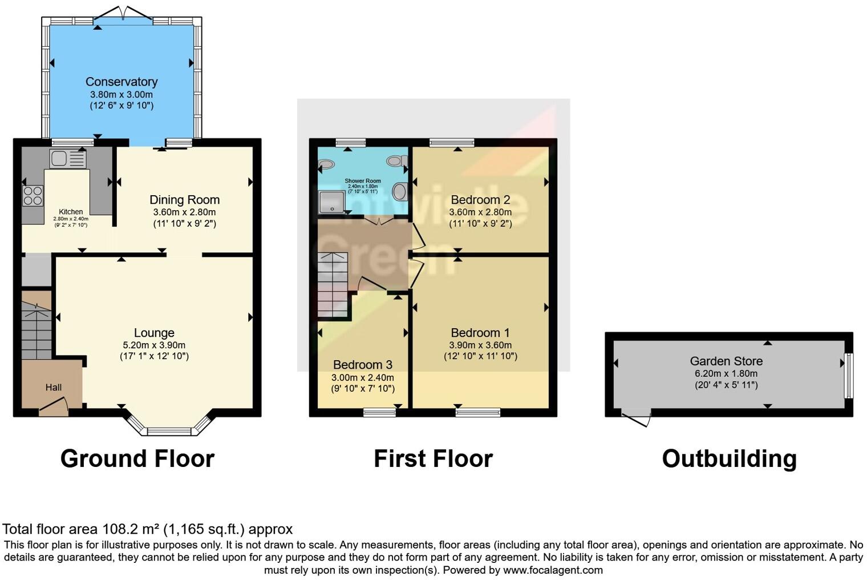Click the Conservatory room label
pyautogui.click(x=121, y=82)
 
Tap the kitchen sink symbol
pyautogui.click(x=67, y=159)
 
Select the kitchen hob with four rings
pyautogui.click(x=33, y=196)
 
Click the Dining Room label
pyautogui.click(x=184, y=200)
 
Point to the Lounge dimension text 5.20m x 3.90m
pyautogui.click(x=154, y=345)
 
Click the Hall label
pyautogui.click(x=54, y=387)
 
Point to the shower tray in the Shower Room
pyautogui.click(x=331, y=202)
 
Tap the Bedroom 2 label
pyautogui.click(x=480, y=200)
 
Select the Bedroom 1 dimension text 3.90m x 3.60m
pyautogui.click(x=480, y=345)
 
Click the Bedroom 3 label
pyautogui.click(x=363, y=365)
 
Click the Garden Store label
pyautogui.click(x=726, y=361)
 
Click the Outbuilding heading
pyautogui.click(x=729, y=459)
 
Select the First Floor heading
pyautogui.click(x=433, y=459)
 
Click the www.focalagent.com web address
pyautogui.click(x=553, y=570)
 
